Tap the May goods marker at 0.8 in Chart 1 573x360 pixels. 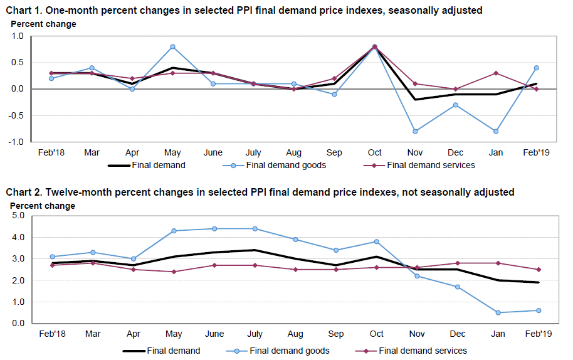172,47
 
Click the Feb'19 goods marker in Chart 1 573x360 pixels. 537,68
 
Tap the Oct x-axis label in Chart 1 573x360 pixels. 375,152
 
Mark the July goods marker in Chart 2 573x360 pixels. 255,229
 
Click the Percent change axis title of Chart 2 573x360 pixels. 43,206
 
